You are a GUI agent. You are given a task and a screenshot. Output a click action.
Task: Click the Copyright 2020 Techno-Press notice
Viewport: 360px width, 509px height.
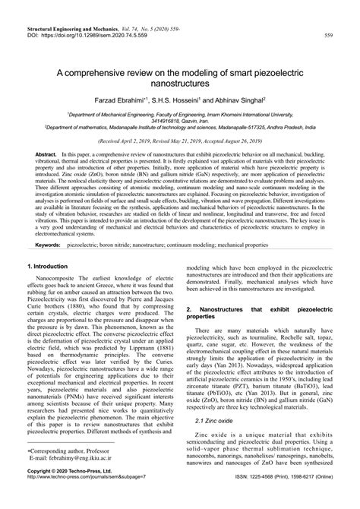click(73, 492)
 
